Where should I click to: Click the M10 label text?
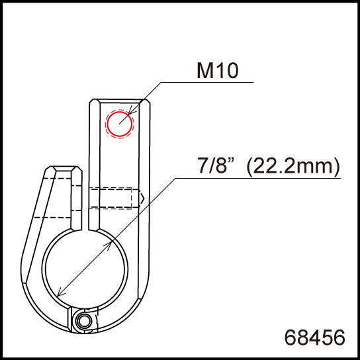(x=218, y=71)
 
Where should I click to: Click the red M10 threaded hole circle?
(x=120, y=124)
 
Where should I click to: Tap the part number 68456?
(x=314, y=337)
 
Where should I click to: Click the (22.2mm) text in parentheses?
(x=293, y=166)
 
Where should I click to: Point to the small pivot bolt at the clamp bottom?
(x=83, y=322)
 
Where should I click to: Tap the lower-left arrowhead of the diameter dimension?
(x=61, y=293)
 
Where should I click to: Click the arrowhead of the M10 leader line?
(x=132, y=112)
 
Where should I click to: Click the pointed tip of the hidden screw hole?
(x=144, y=197)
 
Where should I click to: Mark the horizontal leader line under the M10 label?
(x=205, y=83)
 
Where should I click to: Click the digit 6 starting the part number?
(x=290, y=337)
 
